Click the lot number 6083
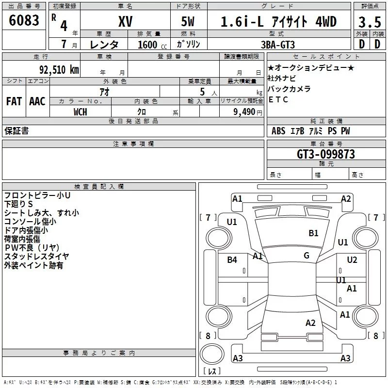[24, 20]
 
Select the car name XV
[126, 21]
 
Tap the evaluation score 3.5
[370, 22]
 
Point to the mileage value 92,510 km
[59, 69]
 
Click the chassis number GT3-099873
[325, 154]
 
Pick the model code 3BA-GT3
[278, 45]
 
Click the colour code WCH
[81, 112]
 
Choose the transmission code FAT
[14, 101]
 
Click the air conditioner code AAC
[37, 101]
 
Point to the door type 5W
[188, 21]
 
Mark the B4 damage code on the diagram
[232, 259]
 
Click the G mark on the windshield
[307, 256]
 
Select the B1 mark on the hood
[313, 233]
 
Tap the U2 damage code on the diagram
[352, 259]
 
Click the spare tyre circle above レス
[212, 354]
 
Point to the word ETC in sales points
[278, 99]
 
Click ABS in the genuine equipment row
[278, 131]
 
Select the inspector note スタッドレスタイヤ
[37, 257]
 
